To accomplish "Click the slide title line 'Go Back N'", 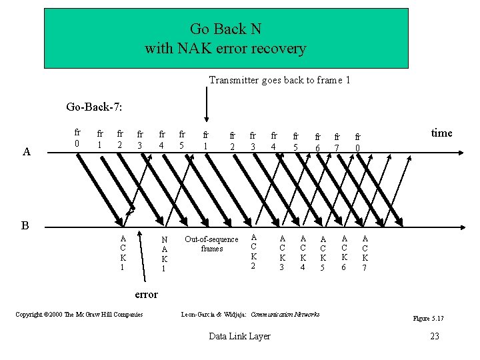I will point(225,29).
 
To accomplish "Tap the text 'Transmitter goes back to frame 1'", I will point(279,80).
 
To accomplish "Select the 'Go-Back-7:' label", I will point(93,107).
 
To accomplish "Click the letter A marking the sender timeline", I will point(26,152).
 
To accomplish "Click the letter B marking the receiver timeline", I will point(25,225).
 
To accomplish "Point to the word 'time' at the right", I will point(441,133).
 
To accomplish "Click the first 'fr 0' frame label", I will point(78,137).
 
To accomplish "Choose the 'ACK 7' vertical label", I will point(365,253).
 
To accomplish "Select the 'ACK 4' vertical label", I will point(303,253).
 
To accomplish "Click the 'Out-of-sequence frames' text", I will point(211,244).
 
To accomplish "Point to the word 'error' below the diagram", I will point(146,294).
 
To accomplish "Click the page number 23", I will point(435,336).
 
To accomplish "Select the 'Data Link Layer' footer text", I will point(239,336).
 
